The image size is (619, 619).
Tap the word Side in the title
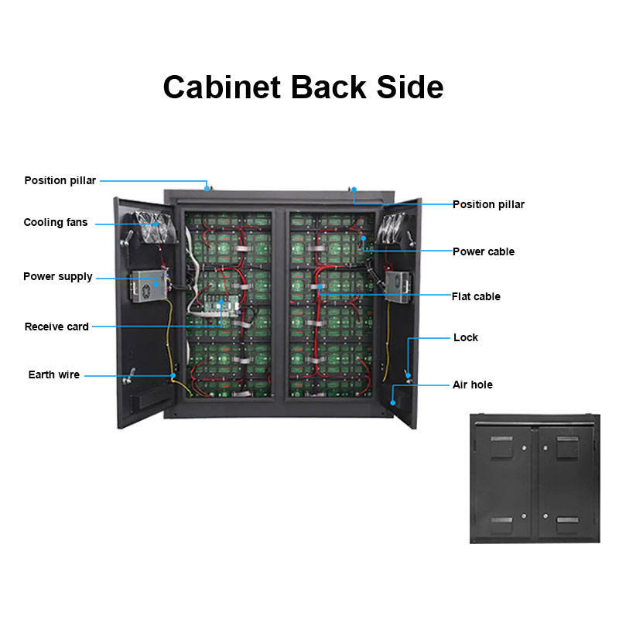[x=410, y=87]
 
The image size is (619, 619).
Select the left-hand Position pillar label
[x=60, y=180]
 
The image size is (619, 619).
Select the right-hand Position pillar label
[x=488, y=204]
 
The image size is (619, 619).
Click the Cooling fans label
[x=56, y=223]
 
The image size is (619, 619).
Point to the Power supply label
[x=58, y=276]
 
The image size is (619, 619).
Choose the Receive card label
[x=56, y=327]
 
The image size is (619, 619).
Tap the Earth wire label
[x=54, y=374]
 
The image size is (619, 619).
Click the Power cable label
[x=483, y=251]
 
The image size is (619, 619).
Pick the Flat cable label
[x=476, y=296]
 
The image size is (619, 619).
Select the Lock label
[x=466, y=337]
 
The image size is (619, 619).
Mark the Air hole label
[x=472, y=385]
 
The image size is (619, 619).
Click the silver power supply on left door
[x=147, y=284]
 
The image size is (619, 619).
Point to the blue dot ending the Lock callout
[x=408, y=374]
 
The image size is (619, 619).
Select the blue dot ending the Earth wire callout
[x=174, y=375]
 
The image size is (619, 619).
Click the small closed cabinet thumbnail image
[x=535, y=478]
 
